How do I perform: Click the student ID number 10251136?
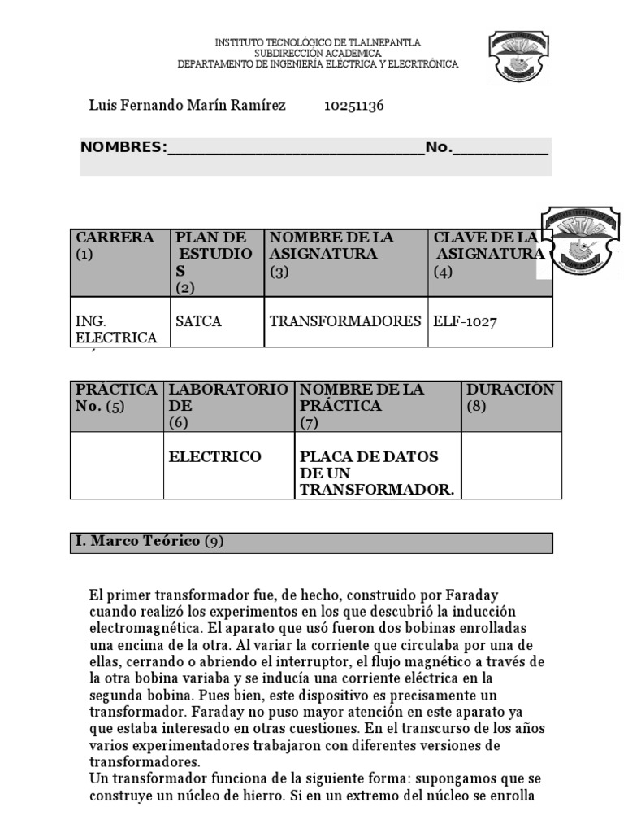[353, 106]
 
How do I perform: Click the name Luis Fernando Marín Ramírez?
[187, 106]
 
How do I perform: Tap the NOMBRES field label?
[122, 147]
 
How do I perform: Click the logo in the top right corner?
[518, 57]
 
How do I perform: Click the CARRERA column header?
[115, 245]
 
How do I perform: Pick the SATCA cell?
[198, 321]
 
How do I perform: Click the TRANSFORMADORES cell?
[345, 321]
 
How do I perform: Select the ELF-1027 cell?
[466, 321]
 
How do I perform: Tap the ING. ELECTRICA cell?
[115, 329]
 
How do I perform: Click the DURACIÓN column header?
[510, 397]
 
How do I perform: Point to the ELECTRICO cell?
[215, 457]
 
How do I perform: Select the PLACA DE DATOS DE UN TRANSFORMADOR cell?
[376, 473]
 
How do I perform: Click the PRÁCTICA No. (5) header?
[117, 397]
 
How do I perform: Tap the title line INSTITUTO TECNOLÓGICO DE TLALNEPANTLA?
[318, 42]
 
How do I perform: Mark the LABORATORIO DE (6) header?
[227, 405]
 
